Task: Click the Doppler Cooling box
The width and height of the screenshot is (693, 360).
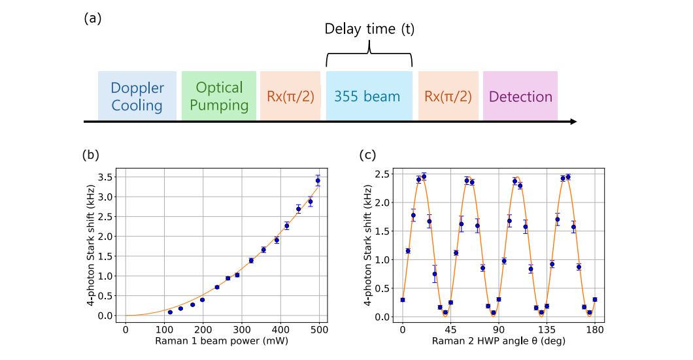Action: click(x=137, y=96)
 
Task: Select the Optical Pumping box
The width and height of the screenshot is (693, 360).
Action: click(x=218, y=96)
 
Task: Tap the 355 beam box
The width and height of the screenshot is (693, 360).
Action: click(x=369, y=96)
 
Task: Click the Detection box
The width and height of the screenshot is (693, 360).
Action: click(x=520, y=96)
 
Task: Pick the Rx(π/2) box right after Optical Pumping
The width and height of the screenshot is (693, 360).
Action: click(x=290, y=96)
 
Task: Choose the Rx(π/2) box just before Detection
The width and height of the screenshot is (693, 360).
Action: click(x=448, y=96)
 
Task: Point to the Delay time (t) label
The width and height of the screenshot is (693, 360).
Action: click(x=369, y=29)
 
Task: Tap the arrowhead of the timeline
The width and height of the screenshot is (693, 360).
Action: click(x=573, y=121)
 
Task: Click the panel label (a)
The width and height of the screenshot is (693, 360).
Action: click(x=93, y=18)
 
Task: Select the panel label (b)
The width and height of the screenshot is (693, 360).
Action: click(x=91, y=155)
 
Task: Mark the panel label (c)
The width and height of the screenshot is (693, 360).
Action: click(x=368, y=155)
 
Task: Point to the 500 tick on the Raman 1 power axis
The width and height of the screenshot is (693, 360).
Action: click(x=320, y=329)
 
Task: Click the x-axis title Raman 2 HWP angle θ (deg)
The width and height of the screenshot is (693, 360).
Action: click(x=499, y=340)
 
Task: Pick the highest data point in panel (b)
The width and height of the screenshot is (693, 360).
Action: click(x=318, y=181)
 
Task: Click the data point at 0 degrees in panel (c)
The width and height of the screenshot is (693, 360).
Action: click(x=403, y=300)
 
